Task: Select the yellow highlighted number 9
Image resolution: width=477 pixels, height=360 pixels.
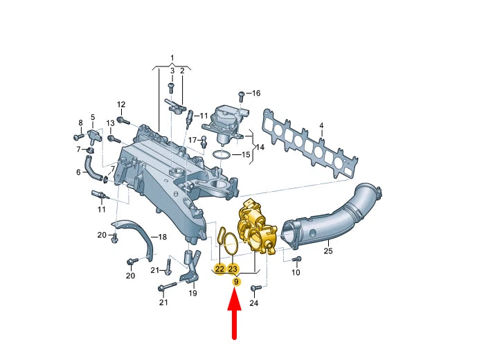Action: (x=235, y=282)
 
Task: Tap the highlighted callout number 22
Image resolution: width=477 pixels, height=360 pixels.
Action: (x=219, y=269)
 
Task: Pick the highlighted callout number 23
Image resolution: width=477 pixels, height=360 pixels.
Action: (x=233, y=269)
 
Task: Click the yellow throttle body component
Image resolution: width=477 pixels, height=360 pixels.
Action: (x=255, y=228)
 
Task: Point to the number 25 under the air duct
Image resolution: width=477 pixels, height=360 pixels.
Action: (x=327, y=251)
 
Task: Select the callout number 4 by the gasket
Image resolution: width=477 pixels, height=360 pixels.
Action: (x=321, y=126)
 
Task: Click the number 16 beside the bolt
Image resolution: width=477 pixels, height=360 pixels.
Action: (x=255, y=93)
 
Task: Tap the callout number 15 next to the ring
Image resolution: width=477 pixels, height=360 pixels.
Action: (x=246, y=154)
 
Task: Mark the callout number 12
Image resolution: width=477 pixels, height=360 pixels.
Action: (x=121, y=105)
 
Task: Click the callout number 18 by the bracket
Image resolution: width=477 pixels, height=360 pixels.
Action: (x=162, y=237)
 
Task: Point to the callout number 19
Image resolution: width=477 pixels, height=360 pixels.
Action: (x=193, y=293)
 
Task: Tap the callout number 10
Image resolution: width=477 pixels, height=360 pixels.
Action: (x=296, y=273)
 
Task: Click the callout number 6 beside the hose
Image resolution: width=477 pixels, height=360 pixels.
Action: (x=78, y=172)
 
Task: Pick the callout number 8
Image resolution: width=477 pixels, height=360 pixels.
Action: (x=80, y=123)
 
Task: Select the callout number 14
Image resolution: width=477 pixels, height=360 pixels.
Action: (x=260, y=147)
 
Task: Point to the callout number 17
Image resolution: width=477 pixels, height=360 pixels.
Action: (x=193, y=139)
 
